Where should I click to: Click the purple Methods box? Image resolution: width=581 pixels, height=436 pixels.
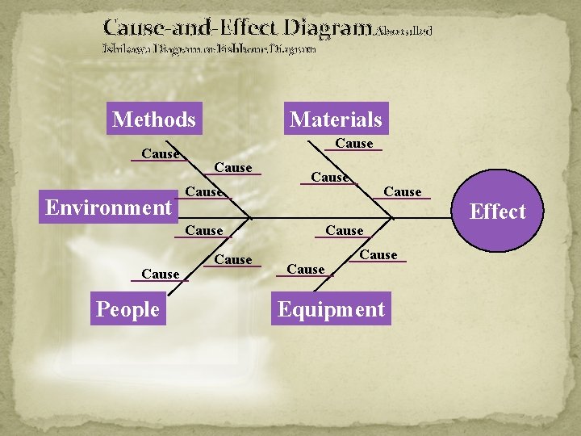[154, 119]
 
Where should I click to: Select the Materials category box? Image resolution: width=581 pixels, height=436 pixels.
[336, 119]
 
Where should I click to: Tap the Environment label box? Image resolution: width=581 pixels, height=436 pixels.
[108, 208]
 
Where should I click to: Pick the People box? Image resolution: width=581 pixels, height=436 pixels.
[127, 309]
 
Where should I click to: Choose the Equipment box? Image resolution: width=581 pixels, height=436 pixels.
[331, 309]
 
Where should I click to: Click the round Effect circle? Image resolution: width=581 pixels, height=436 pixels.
[497, 212]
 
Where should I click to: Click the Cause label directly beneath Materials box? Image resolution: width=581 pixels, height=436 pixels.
[353, 144]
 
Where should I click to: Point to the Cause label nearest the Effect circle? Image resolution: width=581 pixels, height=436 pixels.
[402, 191]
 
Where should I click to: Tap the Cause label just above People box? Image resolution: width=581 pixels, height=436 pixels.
[160, 275]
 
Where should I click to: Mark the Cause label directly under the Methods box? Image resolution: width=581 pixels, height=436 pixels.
[160, 153]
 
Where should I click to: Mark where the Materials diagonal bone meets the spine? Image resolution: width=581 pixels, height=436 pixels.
[393, 217]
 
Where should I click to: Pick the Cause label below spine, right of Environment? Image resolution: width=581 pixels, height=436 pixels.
[203, 231]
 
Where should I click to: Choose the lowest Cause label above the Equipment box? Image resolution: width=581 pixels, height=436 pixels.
[306, 270]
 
